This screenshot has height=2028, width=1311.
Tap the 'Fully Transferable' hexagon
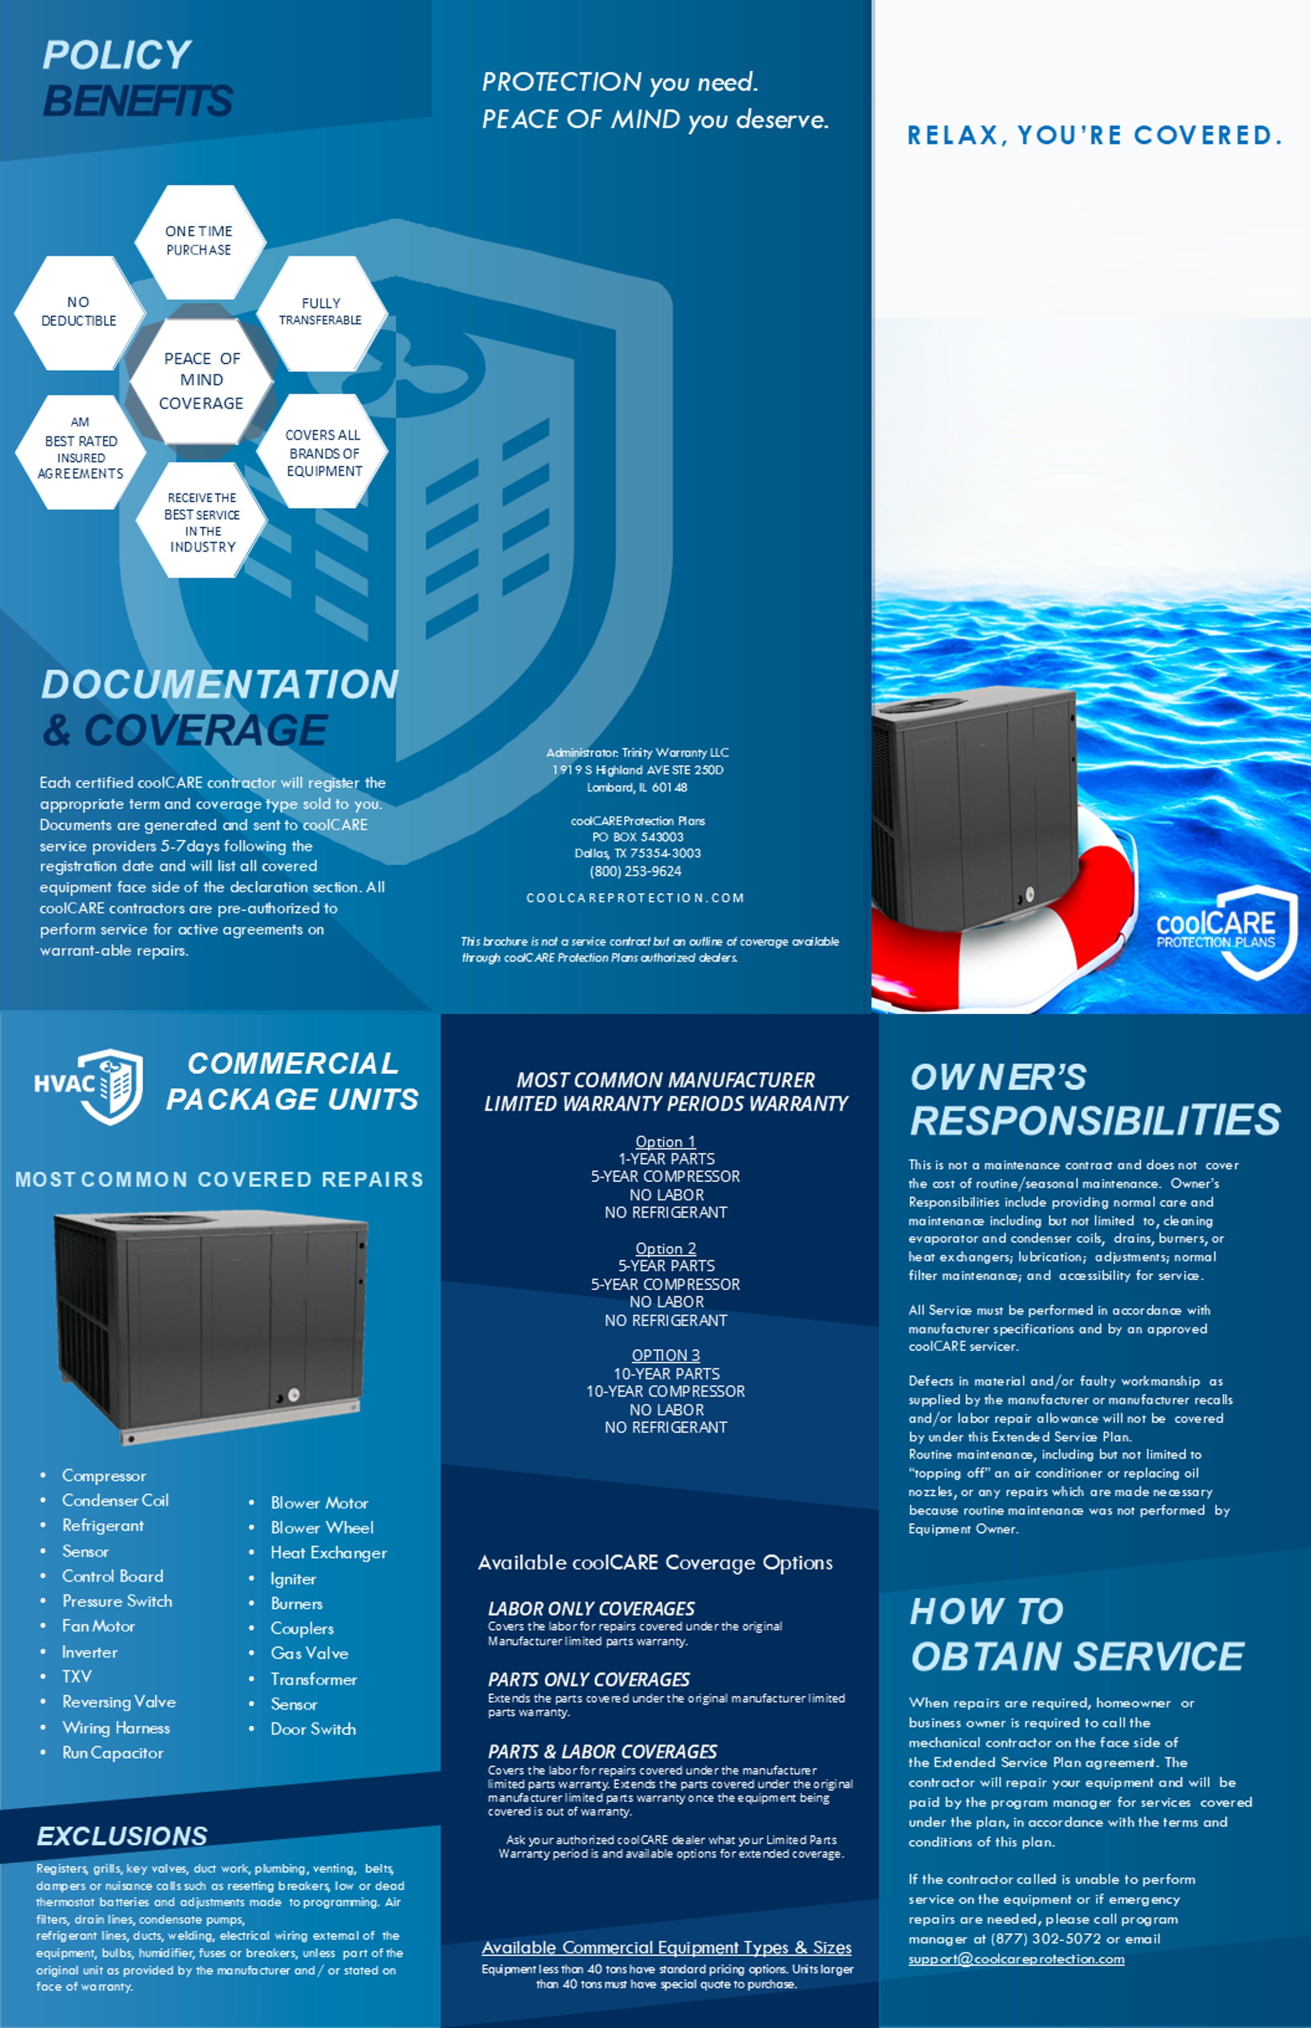(321, 312)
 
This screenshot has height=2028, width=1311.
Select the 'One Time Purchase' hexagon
(199, 241)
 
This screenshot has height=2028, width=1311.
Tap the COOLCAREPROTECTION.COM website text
(635, 898)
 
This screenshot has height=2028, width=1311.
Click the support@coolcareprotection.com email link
(1016, 1959)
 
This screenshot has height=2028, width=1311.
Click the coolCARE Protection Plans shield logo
(1234, 931)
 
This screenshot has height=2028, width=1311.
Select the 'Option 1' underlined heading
(665, 1141)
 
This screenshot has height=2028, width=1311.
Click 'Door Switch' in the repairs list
(313, 1729)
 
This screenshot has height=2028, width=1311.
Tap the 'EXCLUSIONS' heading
(122, 1835)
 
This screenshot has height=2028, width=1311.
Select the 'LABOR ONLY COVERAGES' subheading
(591, 1608)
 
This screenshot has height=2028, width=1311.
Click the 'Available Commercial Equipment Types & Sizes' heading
(665, 1947)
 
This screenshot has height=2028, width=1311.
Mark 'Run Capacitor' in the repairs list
(112, 1753)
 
